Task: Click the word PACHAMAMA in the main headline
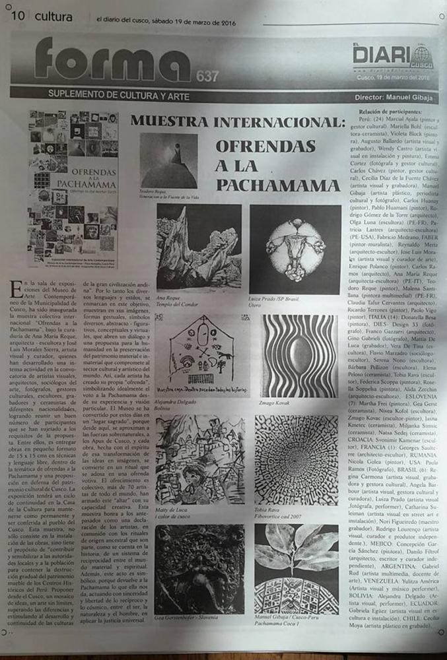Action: point(277,182)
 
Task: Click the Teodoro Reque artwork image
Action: point(168,160)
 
